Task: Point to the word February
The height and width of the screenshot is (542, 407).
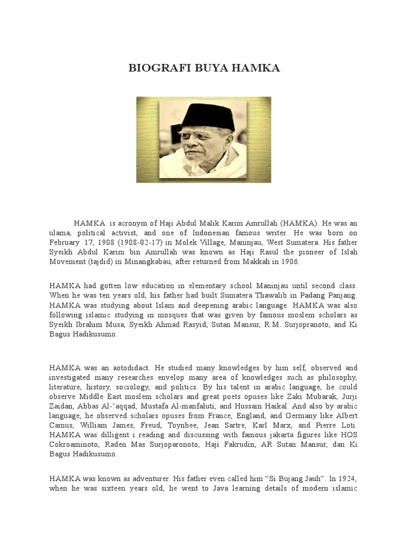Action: tap(66, 242)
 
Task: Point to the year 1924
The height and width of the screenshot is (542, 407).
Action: tap(346, 478)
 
